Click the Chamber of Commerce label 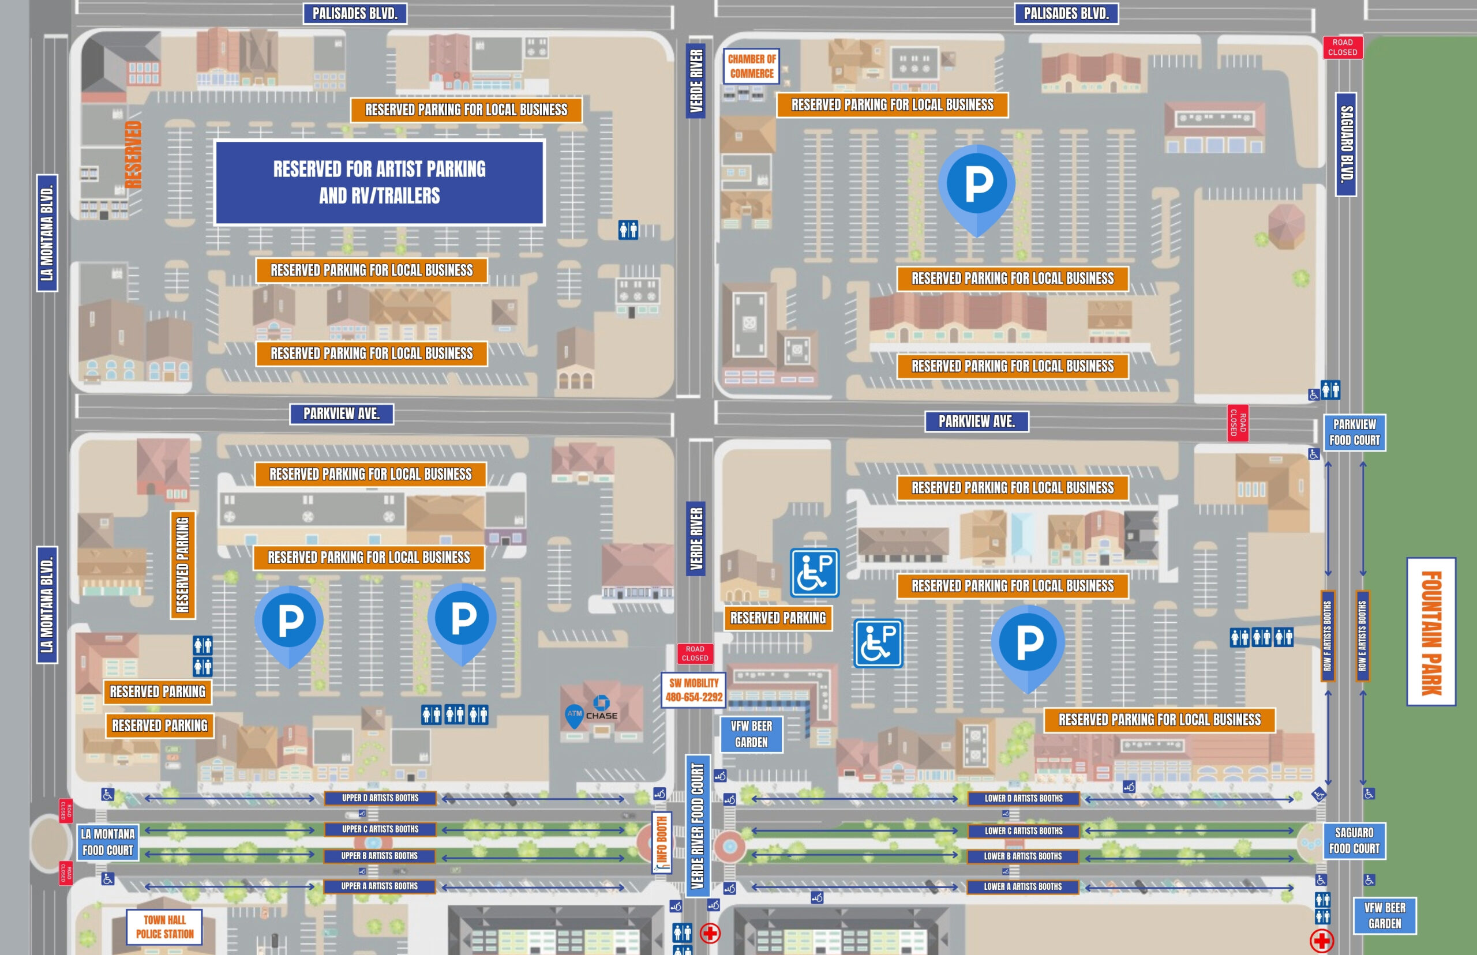point(751,66)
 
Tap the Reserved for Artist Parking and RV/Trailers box point(380,182)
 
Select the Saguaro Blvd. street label point(1345,144)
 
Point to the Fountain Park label point(1431,631)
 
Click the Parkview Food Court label point(1354,433)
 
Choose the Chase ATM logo point(593,710)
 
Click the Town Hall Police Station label point(164,927)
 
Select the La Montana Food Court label point(108,841)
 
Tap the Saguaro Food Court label point(1354,840)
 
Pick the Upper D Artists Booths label point(380,798)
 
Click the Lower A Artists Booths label point(1022,887)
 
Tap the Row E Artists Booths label point(1362,635)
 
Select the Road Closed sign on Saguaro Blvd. point(1343,47)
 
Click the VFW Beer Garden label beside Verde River point(751,734)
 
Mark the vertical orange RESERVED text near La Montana point(133,155)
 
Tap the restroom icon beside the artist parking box point(628,230)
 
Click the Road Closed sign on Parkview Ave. point(1238,423)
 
